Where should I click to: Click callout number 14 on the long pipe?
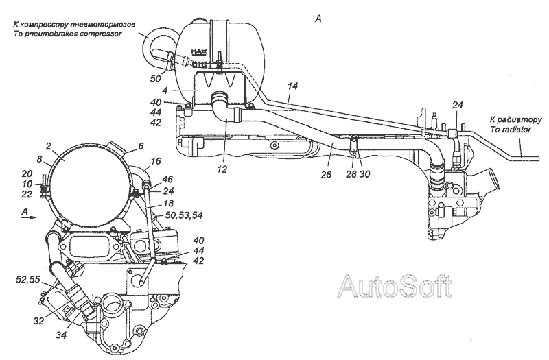(293, 86)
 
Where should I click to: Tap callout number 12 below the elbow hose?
(222, 169)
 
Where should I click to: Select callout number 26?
(326, 174)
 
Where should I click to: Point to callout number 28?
(351, 174)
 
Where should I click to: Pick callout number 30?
(364, 174)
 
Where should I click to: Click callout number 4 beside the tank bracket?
(165, 91)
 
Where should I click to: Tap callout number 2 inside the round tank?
(49, 147)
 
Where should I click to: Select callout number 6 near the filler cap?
(141, 146)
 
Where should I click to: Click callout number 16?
(156, 160)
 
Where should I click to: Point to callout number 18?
(168, 203)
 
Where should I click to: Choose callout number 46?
(167, 180)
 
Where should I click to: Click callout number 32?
(39, 320)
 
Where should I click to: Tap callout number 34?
(61, 335)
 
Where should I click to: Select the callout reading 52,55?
(28, 279)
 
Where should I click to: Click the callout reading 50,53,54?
(184, 215)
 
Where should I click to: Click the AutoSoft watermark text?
(395, 286)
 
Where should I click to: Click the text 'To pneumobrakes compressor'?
(67, 34)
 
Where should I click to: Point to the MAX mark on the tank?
(199, 52)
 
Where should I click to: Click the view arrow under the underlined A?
(29, 217)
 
